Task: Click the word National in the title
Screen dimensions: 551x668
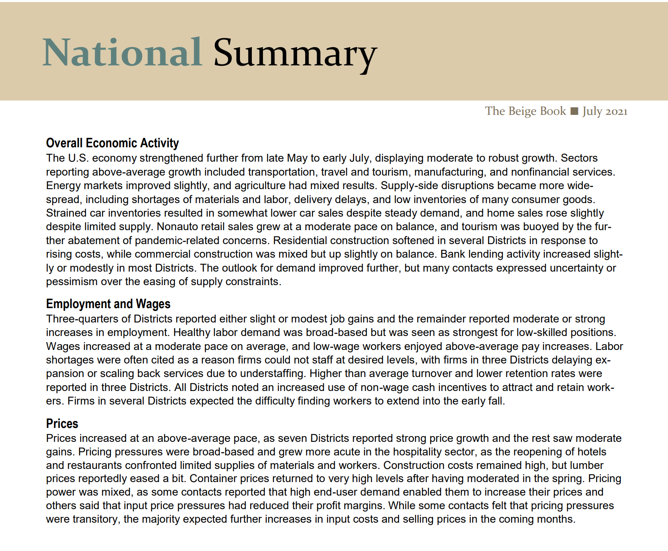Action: [x=122, y=53]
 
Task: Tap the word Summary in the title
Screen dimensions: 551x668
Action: [x=295, y=54]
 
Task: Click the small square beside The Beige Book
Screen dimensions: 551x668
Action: [x=575, y=111]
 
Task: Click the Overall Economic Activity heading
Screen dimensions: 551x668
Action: [x=112, y=143]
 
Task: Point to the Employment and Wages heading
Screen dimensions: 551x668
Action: [x=108, y=304]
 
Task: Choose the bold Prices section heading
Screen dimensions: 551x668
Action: [x=62, y=423]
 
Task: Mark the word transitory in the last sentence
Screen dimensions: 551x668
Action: [x=96, y=519]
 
